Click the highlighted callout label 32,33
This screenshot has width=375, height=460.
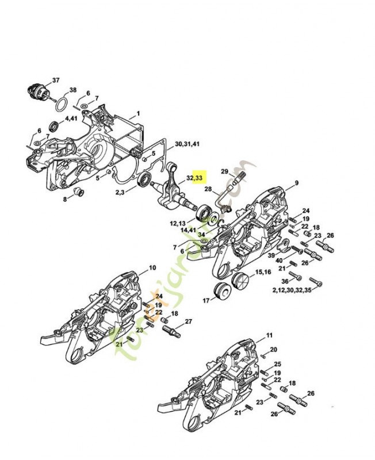point(194,178)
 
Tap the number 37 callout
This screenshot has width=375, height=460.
point(56,79)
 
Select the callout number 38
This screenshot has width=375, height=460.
point(72,90)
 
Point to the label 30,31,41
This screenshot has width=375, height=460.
point(187,144)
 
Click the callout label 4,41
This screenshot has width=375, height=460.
point(71,118)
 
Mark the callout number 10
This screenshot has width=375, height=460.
point(152,268)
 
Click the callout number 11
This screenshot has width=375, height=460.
point(269,335)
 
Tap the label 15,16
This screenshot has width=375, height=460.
point(263,272)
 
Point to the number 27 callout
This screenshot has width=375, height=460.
point(188,321)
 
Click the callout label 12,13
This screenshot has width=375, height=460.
point(177,223)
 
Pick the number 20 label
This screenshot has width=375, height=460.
point(274,350)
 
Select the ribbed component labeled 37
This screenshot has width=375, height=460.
point(38,91)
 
